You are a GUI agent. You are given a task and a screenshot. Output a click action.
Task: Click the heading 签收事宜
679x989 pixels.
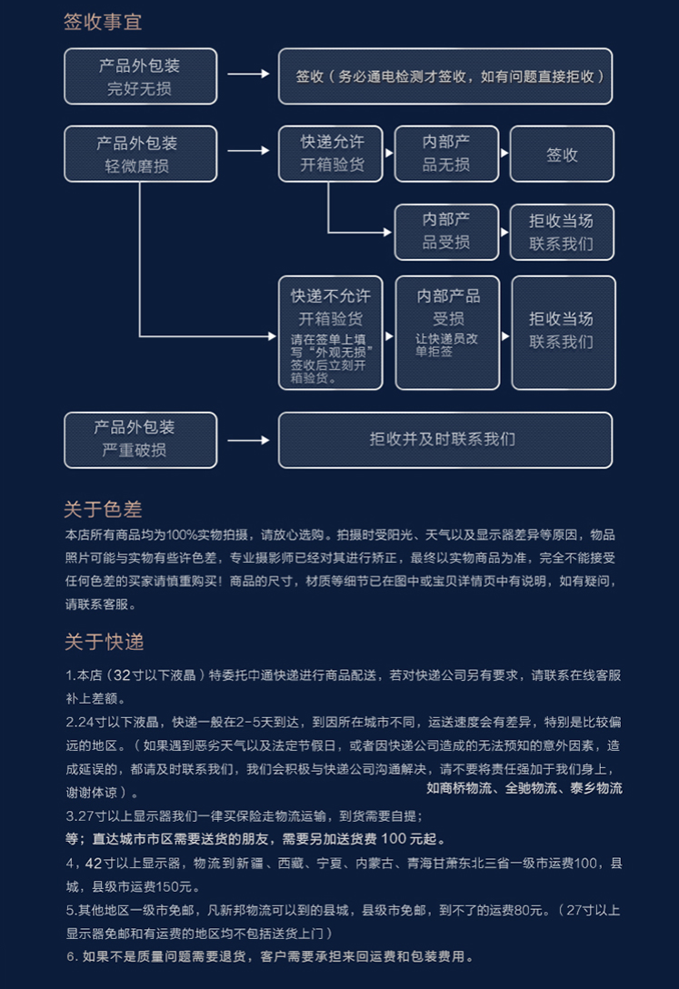[103, 23]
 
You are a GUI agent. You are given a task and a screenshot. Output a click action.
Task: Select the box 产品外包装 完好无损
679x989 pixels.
[140, 76]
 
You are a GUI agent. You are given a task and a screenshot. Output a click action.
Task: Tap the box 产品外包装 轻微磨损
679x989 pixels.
[140, 154]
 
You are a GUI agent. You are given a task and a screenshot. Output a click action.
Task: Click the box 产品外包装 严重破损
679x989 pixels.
[140, 440]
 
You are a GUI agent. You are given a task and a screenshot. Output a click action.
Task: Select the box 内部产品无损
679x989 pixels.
[446, 154]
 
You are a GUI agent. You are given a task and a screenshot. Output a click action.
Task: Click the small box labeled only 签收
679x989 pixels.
[562, 155]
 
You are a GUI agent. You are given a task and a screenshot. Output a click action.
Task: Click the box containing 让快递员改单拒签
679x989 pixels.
[447, 333]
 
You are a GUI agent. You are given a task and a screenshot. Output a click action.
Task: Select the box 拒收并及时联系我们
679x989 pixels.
[444, 440]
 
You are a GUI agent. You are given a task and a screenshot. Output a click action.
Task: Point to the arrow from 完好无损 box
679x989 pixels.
[248, 76]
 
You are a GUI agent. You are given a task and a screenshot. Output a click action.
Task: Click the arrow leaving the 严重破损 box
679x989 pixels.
[248, 441]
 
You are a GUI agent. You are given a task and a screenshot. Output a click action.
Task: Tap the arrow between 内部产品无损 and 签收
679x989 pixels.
[504, 155]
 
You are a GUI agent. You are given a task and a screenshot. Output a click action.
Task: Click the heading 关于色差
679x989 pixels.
[103, 509]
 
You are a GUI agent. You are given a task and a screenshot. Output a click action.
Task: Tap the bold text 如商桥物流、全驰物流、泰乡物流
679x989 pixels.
[524, 788]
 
